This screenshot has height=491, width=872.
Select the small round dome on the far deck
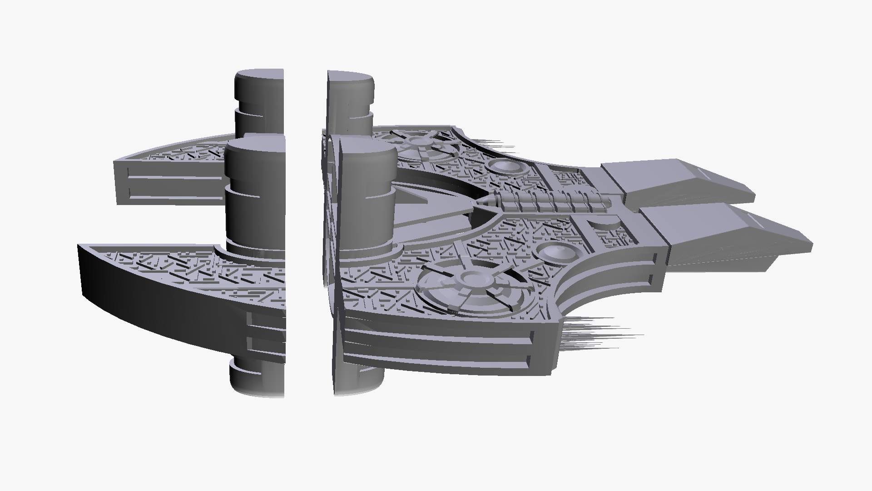coord(505,167)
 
